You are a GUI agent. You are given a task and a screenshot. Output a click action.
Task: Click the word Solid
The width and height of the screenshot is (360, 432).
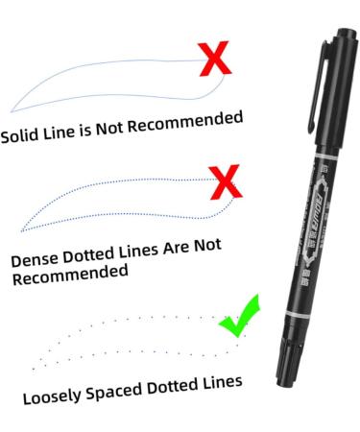click(20, 135)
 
